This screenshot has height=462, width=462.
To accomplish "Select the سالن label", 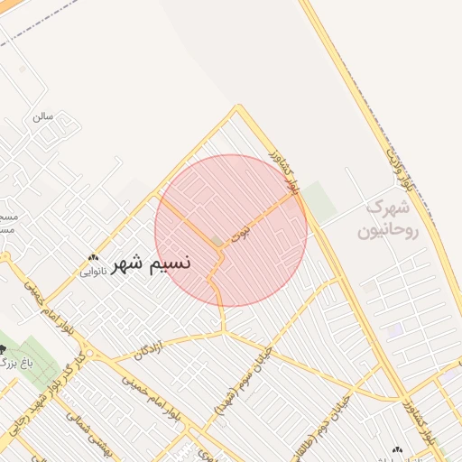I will (x=43, y=116).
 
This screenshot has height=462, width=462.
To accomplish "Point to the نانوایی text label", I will (x=94, y=270).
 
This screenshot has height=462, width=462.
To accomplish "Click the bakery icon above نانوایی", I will (x=94, y=257).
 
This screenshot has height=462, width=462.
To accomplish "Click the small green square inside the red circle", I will (x=217, y=242).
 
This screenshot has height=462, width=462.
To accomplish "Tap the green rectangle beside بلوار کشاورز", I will (x=316, y=198).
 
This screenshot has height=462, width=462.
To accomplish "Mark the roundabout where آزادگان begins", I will (x=87, y=354).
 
